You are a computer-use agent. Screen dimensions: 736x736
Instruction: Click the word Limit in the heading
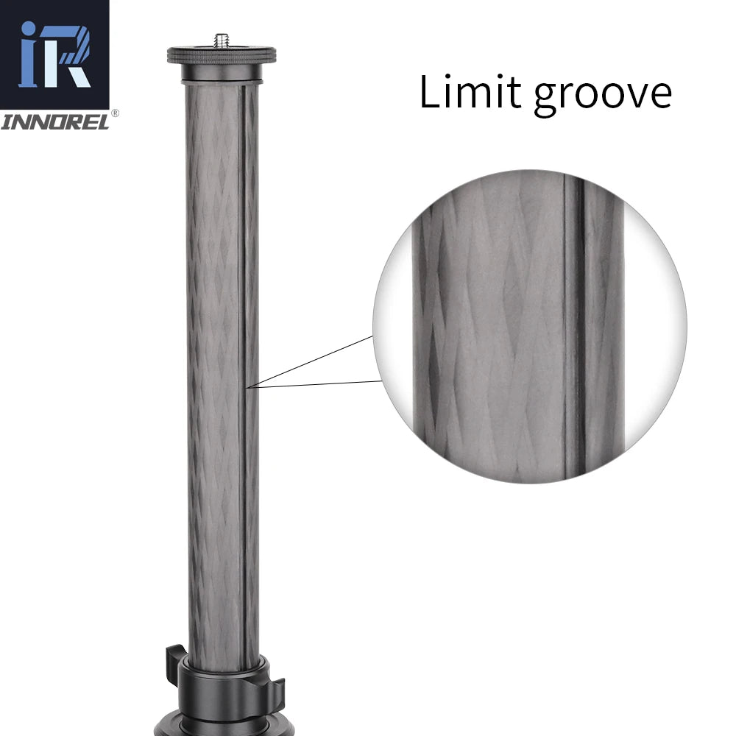tap(470, 91)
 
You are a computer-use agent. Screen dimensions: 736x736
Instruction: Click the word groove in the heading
tap(603, 96)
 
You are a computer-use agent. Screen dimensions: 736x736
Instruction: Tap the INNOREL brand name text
tap(55, 122)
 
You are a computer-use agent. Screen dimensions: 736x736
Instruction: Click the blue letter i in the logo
tap(29, 54)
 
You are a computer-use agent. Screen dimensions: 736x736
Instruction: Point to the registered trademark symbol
tap(115, 113)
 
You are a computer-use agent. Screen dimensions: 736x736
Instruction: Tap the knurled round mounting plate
tap(222, 54)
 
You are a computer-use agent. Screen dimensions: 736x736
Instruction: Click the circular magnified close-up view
tap(529, 326)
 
